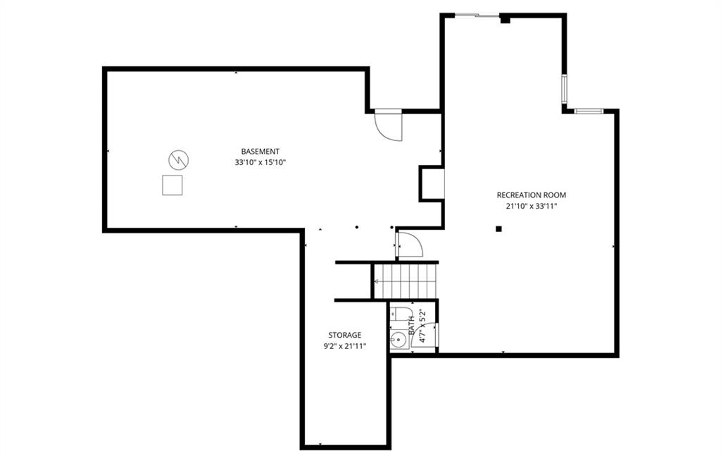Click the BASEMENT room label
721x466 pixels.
point(261,151)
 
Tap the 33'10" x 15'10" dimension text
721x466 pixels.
point(261,163)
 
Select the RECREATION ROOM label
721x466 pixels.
point(531,195)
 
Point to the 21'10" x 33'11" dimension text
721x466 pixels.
point(531,207)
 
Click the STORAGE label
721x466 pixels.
point(344,336)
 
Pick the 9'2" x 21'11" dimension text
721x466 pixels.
point(344,347)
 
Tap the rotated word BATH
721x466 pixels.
point(411,325)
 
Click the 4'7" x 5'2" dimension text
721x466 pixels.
point(423,325)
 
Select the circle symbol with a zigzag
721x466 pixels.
point(178,160)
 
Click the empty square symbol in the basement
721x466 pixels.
point(172,185)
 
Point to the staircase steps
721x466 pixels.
point(405,281)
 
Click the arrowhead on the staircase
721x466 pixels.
point(377,281)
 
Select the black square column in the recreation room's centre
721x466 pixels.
point(499,229)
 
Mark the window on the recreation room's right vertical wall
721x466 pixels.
point(564,88)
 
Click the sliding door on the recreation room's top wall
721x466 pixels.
point(477,16)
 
